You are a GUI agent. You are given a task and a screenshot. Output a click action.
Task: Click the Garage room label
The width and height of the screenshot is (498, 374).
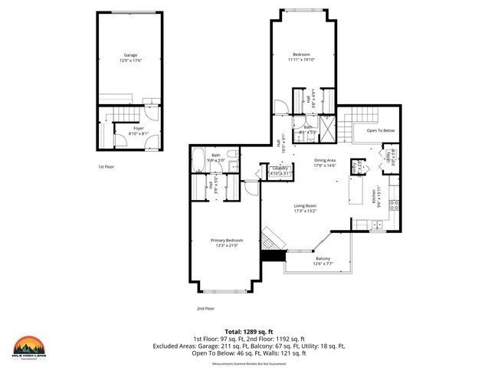click(x=131, y=55)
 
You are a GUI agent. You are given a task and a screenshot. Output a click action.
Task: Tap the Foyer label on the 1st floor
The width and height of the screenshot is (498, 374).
click(x=138, y=128)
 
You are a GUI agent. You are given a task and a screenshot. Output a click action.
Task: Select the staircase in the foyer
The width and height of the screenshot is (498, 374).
click(x=114, y=115)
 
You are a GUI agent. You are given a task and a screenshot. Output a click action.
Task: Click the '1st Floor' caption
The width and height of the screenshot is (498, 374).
click(x=106, y=166)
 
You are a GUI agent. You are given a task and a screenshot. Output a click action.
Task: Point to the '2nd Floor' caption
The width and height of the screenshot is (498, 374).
click(x=205, y=308)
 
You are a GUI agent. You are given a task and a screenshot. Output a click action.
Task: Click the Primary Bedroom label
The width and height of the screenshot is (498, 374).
click(x=228, y=240)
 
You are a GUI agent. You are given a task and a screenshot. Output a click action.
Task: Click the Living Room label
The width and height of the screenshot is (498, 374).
click(x=306, y=205)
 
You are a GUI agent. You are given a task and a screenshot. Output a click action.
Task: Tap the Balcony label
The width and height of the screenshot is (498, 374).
click(x=323, y=259)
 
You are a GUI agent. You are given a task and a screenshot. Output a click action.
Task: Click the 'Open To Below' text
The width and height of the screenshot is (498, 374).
click(x=381, y=130)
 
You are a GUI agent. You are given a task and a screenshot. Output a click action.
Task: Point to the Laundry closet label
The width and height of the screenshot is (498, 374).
click(x=281, y=168)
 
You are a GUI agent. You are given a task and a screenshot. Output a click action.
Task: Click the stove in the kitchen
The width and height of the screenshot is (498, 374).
click(x=395, y=205)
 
